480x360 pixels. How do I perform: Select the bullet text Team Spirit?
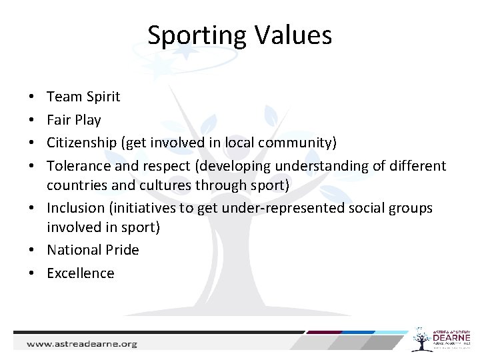pos(83,97)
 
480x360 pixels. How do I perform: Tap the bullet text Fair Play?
pos(73,120)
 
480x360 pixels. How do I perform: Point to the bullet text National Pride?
pos(93,250)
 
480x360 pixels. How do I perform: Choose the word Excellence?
pos(80,273)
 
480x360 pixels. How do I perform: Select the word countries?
pos(73,185)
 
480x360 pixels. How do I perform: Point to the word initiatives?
pos(147,209)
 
